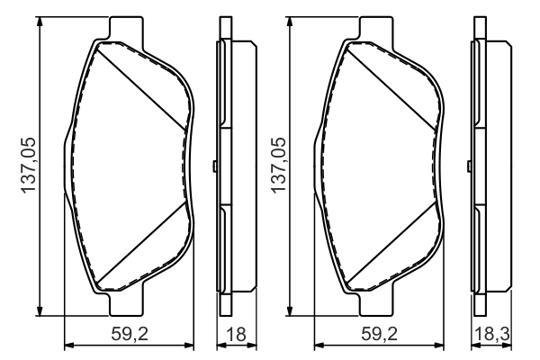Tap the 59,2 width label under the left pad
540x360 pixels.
click(x=130, y=333)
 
